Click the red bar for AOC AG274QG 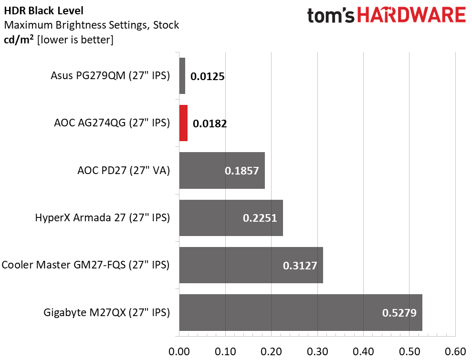coord(183,123)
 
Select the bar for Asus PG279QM coord(182,76)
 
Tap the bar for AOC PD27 coord(222,171)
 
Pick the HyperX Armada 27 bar coord(231,218)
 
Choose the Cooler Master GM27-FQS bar coord(251,265)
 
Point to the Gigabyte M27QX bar coord(301,312)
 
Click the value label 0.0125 coord(208,76)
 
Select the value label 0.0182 coord(210,123)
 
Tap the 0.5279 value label coord(399,313)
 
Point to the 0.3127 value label coord(300,266)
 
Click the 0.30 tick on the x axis coord(317,351)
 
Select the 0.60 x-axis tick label coord(455,351)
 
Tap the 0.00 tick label coord(179,351)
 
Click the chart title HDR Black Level coord(43,11)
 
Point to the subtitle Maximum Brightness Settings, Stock coord(92,25)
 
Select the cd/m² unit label coord(19,40)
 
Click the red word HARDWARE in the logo coord(411,15)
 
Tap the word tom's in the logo coord(331,16)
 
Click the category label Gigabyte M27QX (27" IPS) coord(107,312)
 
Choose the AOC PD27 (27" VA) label coord(124,171)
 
